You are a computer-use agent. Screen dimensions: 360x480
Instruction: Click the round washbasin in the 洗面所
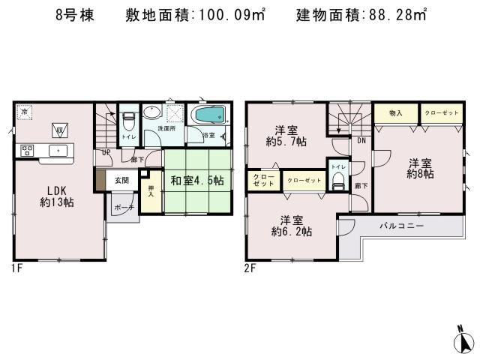pyautogui.click(x=152, y=114)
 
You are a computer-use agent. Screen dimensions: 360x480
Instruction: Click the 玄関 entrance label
pyautogui.click(x=121, y=180)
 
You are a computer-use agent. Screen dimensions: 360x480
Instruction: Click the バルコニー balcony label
pyautogui.click(x=401, y=226)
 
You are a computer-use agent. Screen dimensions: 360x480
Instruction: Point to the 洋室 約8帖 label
pyautogui.click(x=421, y=168)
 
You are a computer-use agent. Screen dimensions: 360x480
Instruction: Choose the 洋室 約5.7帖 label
pyautogui.click(x=287, y=135)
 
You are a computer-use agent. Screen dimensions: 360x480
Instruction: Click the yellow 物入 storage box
pyautogui.click(x=397, y=113)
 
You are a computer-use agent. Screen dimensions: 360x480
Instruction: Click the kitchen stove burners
pyautogui.click(x=28, y=150)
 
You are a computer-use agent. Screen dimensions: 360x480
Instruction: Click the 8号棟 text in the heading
pyautogui.click(x=74, y=15)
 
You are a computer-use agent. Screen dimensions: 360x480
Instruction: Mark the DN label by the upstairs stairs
pyautogui.click(x=360, y=140)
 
